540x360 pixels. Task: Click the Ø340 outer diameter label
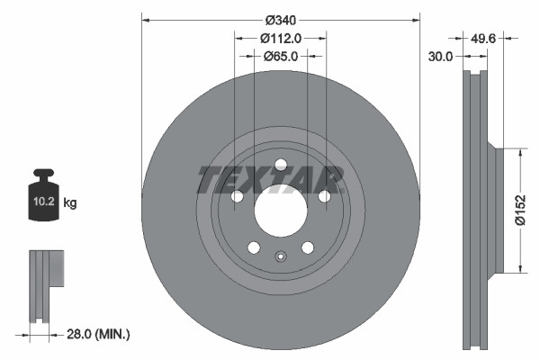pyautogui.click(x=280, y=18)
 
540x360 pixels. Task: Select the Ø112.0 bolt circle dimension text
pyautogui.click(x=280, y=38)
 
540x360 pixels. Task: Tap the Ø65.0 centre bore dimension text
pyautogui.click(x=280, y=56)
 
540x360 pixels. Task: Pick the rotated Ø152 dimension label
pyautogui.click(x=519, y=211)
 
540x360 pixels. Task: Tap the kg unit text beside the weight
pyautogui.click(x=70, y=203)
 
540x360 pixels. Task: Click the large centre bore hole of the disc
pyautogui.click(x=280, y=212)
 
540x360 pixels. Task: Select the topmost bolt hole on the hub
pyautogui.click(x=280, y=165)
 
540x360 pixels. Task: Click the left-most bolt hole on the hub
pyautogui.click(x=237, y=197)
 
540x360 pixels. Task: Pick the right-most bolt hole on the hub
pyautogui.click(x=324, y=197)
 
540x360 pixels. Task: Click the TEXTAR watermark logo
pyautogui.click(x=270, y=180)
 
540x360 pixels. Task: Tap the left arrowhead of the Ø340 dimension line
pyautogui.click(x=145, y=18)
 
